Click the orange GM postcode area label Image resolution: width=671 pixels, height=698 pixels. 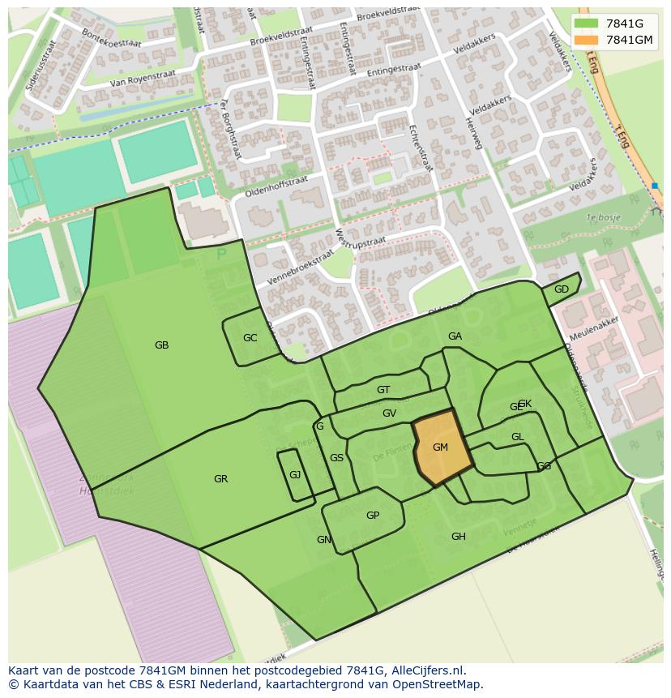(440, 447)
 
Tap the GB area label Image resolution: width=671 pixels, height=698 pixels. (161, 345)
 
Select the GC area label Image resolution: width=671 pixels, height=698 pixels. (250, 338)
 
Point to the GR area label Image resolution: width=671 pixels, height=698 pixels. (220, 479)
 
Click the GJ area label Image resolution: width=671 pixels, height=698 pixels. (295, 475)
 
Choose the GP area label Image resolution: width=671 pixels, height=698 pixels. (373, 516)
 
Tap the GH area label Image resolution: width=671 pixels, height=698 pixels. (459, 537)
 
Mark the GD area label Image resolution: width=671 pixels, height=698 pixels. (562, 289)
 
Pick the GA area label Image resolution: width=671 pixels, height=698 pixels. (455, 336)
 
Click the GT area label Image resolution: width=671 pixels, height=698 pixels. (383, 390)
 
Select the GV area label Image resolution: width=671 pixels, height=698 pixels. (389, 413)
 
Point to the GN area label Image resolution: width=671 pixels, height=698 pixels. (323, 540)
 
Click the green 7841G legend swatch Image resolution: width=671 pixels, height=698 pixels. (585, 24)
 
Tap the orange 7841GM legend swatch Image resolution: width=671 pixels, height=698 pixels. (585, 40)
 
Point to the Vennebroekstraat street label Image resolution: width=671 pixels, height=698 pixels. (300, 267)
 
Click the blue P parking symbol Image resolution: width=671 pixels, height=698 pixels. (221, 255)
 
